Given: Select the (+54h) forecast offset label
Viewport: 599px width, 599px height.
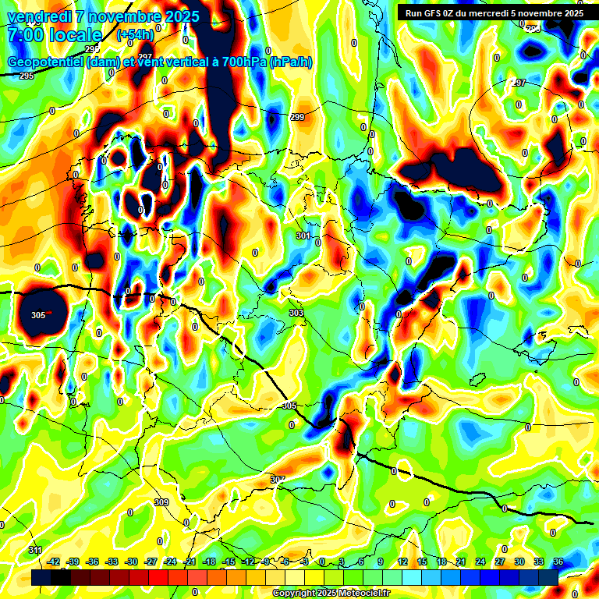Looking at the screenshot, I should (x=135, y=35).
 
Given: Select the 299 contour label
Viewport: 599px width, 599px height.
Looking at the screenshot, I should (x=297, y=117).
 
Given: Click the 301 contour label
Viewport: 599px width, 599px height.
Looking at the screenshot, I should (x=303, y=236).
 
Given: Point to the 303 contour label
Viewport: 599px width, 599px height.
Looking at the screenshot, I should (x=296, y=313).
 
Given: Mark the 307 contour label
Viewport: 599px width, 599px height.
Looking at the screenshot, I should (x=278, y=479).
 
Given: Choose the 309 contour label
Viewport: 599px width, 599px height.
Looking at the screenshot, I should (x=161, y=502).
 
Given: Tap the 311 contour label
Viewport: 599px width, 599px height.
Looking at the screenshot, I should (x=35, y=551).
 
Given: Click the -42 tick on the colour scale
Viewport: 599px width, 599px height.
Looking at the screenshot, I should (x=54, y=562).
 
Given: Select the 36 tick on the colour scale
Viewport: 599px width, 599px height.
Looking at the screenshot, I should (x=558, y=562).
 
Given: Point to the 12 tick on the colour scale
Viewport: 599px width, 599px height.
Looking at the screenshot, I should (x=402, y=562).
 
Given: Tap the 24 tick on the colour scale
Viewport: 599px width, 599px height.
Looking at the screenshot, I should (x=480, y=562).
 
